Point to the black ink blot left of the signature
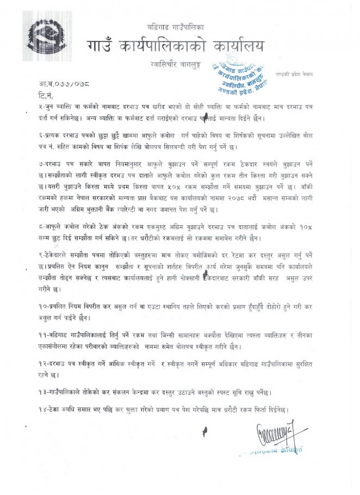coord(206,433)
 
